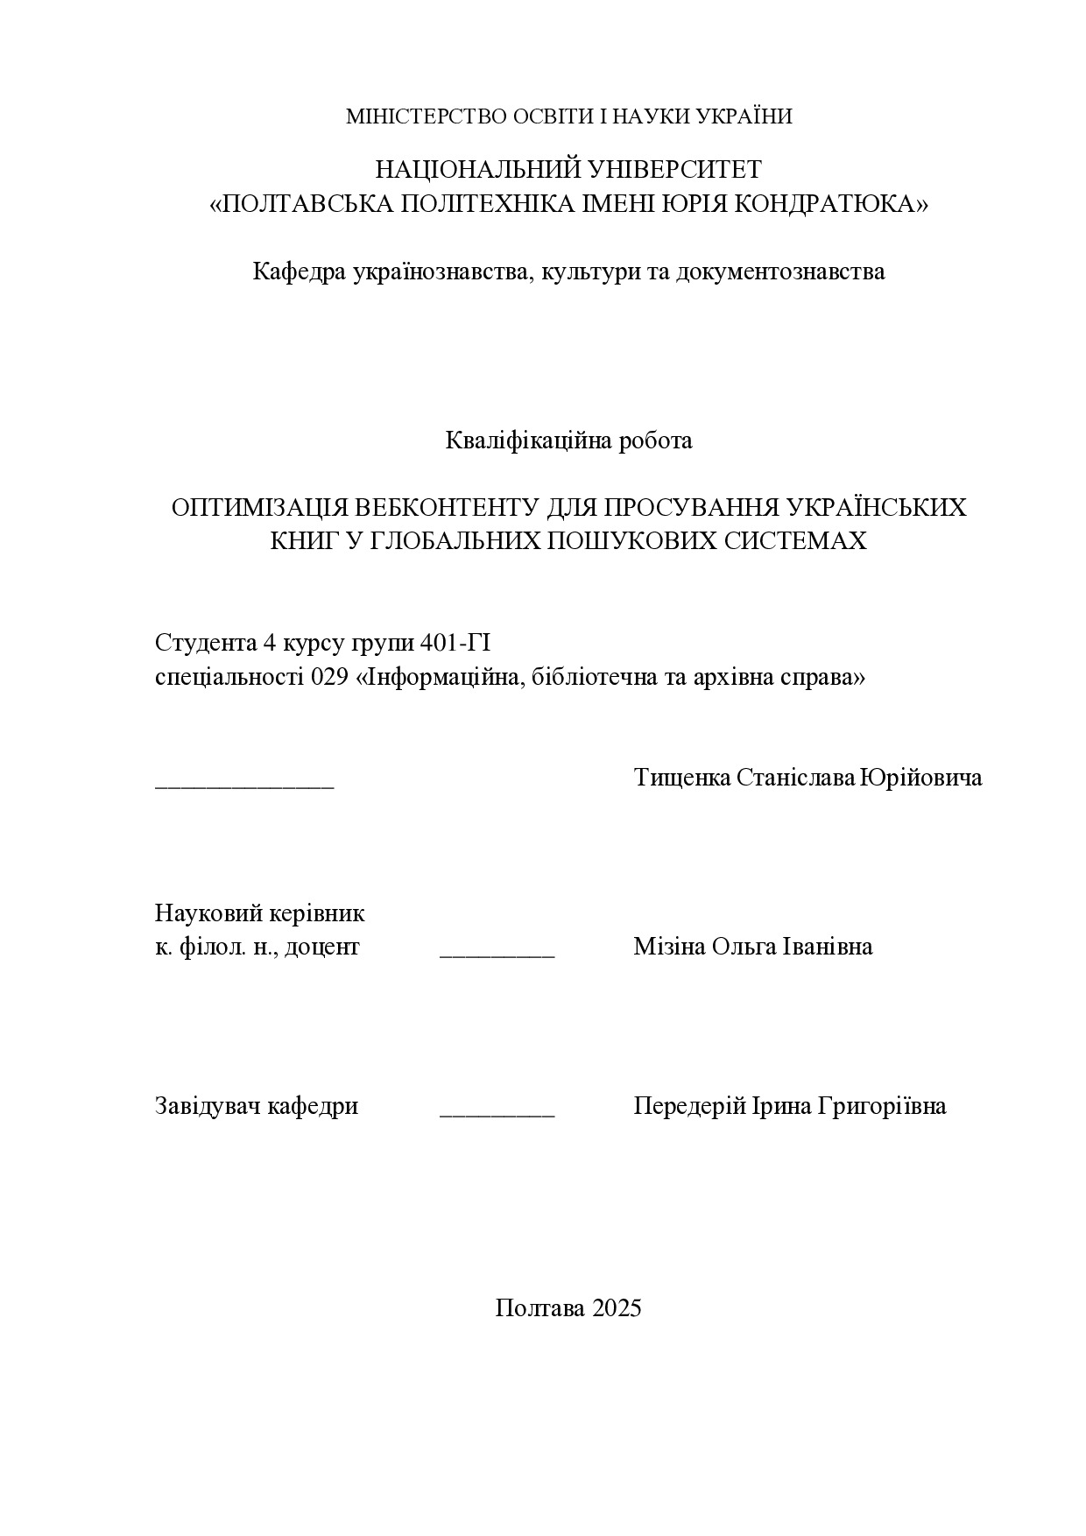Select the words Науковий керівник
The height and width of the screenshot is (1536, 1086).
tap(260, 913)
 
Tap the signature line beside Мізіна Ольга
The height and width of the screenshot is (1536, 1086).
tap(497, 954)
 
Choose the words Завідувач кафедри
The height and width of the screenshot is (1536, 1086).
tap(257, 1106)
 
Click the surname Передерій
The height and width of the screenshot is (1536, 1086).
tap(689, 1106)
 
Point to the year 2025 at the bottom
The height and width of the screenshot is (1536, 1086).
tap(617, 1308)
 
